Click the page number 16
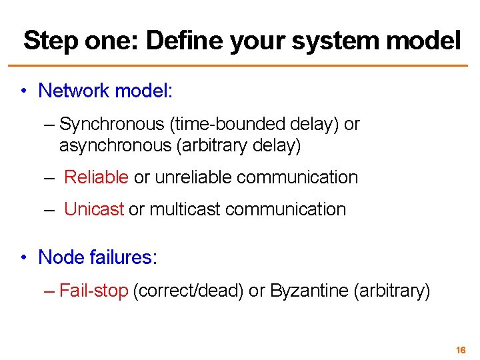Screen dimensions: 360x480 point(461,349)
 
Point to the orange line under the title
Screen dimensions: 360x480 point(240,65)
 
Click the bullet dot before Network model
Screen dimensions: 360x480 point(23,91)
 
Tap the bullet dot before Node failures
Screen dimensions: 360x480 point(23,257)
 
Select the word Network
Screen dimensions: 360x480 point(73,91)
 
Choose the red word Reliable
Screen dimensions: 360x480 point(96,177)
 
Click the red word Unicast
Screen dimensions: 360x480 point(94,209)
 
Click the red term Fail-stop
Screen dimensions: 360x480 point(93,291)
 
